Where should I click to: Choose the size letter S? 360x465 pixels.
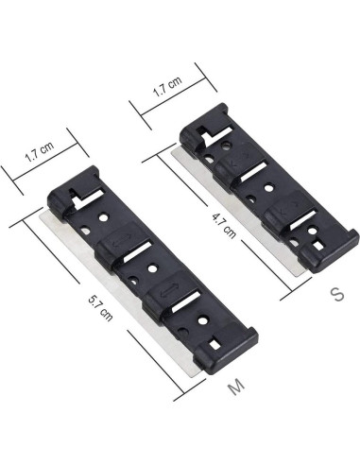pos(334,293)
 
